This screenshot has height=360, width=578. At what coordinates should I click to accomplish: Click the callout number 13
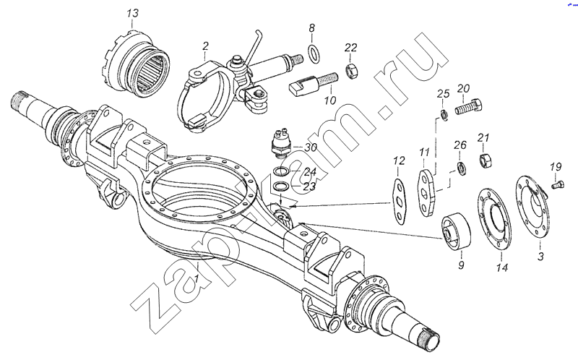(x=132, y=13)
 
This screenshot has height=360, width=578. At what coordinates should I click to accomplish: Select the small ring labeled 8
(x=314, y=53)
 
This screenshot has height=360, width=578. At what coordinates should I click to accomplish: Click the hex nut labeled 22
(x=351, y=70)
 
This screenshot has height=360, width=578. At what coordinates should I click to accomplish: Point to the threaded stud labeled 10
(x=313, y=84)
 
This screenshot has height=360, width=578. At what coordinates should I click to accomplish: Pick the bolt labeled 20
(x=468, y=106)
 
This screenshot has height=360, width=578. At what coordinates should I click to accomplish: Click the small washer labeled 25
(x=444, y=115)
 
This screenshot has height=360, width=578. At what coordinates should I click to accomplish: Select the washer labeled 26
(x=461, y=168)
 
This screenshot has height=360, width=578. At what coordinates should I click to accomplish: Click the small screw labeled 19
(x=558, y=184)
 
